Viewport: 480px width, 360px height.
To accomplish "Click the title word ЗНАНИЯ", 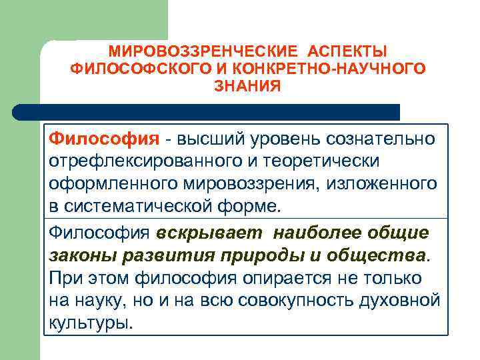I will coord(247,86).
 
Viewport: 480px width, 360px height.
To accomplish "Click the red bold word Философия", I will coord(104,139).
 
